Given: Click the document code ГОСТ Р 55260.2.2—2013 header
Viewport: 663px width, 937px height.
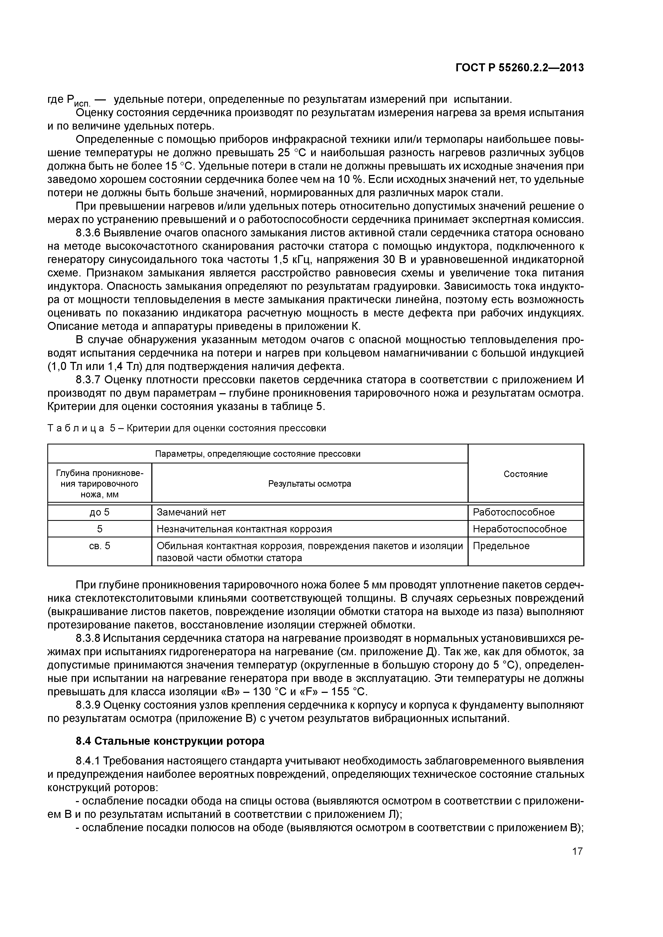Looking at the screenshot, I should [x=520, y=68].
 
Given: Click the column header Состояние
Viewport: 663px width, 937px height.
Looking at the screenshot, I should [x=525, y=474].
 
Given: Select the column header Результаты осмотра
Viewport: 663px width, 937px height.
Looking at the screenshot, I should [x=309, y=484].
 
